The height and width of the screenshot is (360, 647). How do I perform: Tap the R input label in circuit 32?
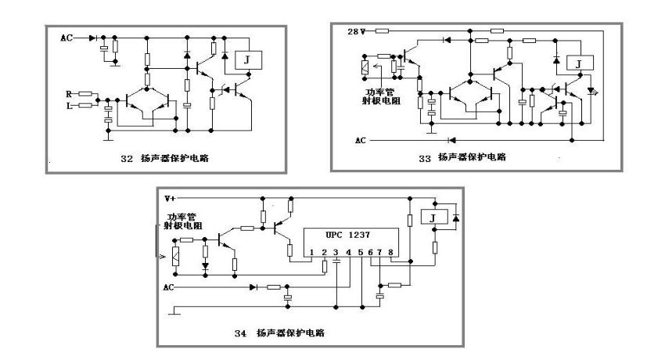[x=70, y=93]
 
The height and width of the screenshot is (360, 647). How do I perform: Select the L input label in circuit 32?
[x=70, y=104]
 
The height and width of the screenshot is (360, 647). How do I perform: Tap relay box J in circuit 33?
[x=578, y=63]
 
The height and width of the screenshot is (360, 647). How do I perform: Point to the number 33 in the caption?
[x=425, y=157]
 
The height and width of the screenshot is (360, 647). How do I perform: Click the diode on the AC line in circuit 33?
[x=452, y=140]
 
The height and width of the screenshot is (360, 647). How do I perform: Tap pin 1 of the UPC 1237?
[x=311, y=252]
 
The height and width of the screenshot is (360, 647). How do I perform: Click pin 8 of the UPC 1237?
[x=391, y=252]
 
